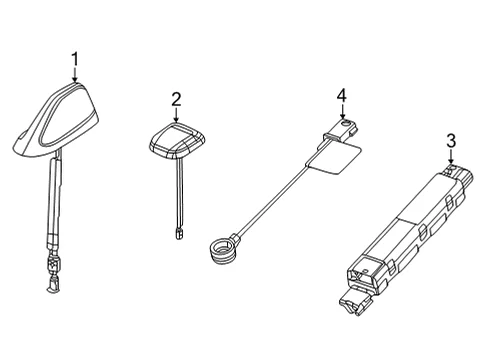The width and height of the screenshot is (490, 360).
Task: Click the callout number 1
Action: tap(76, 59)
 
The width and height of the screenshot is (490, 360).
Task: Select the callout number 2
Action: tap(176, 99)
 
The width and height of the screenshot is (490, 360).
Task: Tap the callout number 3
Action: tap(451, 141)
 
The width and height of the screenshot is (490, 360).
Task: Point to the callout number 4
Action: tap(342, 96)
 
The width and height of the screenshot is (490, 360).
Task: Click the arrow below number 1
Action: tap(75, 74)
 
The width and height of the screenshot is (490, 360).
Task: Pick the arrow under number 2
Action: tap(176, 114)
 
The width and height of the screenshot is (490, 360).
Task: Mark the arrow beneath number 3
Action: tap(451, 157)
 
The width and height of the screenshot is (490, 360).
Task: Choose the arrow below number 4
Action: tap(342, 111)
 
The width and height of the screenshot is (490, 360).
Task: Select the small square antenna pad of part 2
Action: tap(177, 141)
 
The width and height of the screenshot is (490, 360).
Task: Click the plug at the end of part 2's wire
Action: tap(179, 234)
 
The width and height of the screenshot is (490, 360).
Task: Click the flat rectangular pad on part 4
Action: tap(334, 158)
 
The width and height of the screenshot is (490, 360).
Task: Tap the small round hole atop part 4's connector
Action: tap(347, 123)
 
